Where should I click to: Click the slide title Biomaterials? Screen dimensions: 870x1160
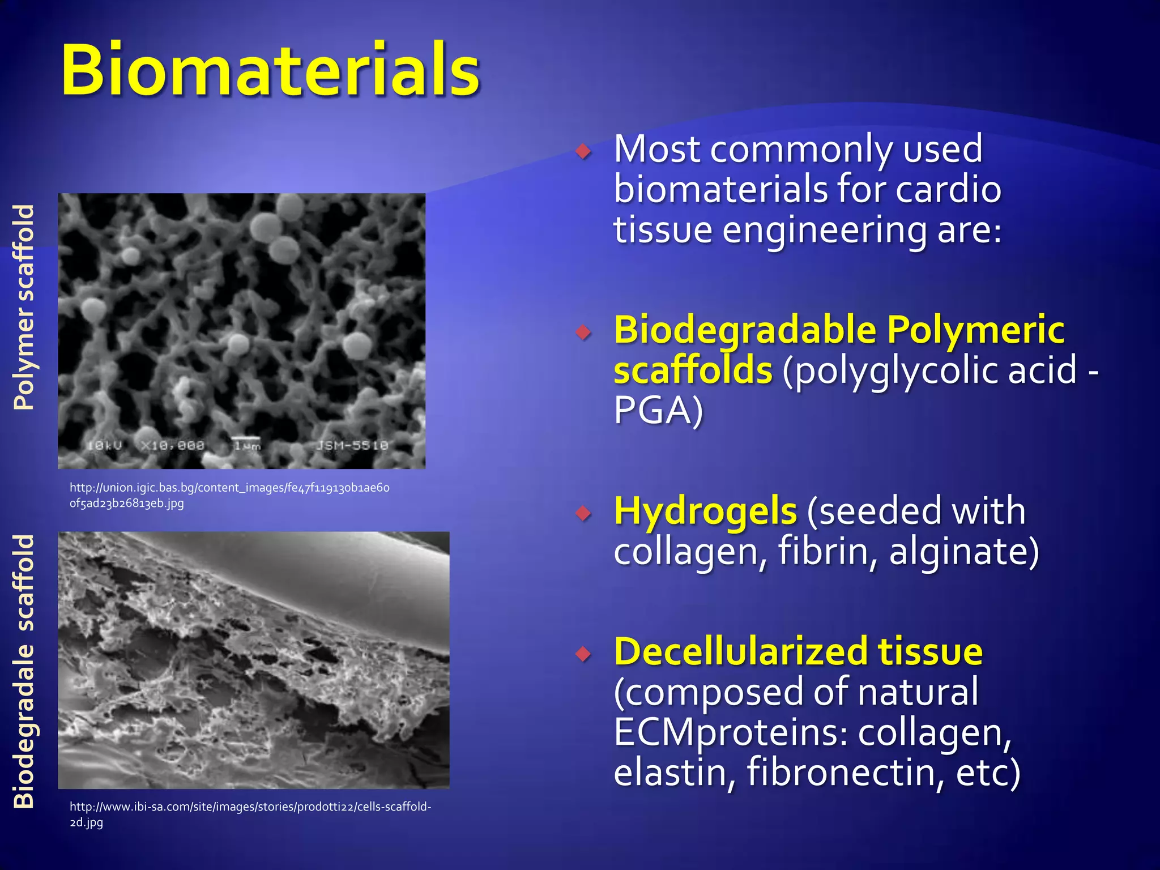pos(270,71)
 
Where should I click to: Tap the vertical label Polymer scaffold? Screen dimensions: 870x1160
pos(24,307)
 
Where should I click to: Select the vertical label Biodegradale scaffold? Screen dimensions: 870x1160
pos(24,671)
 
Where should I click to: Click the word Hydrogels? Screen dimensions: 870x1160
pos(705,511)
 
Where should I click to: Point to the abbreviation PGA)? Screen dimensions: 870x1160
pos(658,410)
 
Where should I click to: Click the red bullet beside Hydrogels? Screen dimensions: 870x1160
pos(583,513)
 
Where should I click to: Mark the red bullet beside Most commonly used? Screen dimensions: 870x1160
pos(583,151)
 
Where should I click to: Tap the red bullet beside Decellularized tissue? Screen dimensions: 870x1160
pos(583,654)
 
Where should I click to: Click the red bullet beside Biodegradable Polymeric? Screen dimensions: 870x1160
pos(583,332)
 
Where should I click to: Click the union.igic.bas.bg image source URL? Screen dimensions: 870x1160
pos(229,495)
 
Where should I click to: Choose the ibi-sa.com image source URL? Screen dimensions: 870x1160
pos(250,814)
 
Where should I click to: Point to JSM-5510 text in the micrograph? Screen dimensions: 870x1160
pos(352,446)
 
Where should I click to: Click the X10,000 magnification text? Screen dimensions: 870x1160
pos(173,446)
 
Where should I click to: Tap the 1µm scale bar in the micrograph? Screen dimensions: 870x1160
pos(247,445)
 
